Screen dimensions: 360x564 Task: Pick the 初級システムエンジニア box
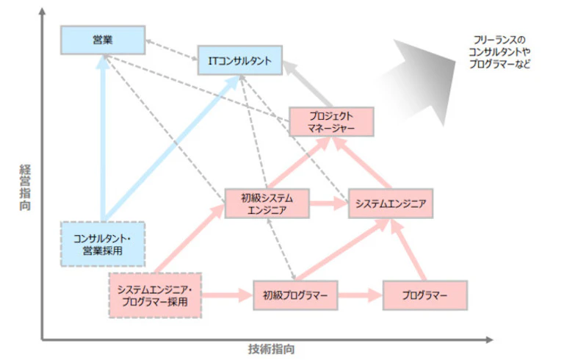[267, 203]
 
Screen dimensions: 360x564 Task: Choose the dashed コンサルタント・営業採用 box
[102, 245]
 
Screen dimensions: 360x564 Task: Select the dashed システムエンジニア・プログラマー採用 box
[154, 295]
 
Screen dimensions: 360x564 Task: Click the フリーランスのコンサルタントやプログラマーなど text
[499, 51]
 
